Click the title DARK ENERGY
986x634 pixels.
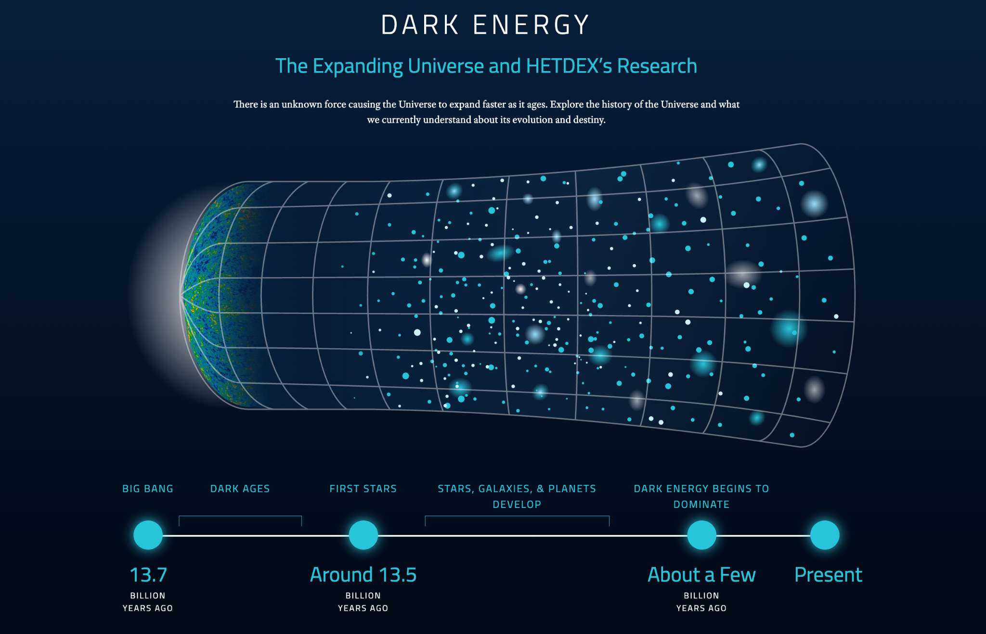(485, 25)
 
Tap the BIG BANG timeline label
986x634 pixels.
(148, 489)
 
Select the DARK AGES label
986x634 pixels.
(240, 489)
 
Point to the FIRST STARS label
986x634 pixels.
(363, 489)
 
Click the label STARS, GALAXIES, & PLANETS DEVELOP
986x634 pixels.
(517, 496)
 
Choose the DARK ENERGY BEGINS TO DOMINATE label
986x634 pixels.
(701, 496)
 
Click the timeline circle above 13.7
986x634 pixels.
(148, 535)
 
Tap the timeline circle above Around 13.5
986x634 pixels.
(363, 535)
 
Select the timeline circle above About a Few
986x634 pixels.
(701, 535)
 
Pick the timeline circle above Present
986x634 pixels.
(825, 535)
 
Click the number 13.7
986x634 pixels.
(148, 575)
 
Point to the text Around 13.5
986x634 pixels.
(363, 575)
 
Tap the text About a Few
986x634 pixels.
(701, 575)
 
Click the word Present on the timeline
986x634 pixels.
(828, 575)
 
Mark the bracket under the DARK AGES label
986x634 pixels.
(240, 516)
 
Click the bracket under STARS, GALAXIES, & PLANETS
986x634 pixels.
(517, 516)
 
